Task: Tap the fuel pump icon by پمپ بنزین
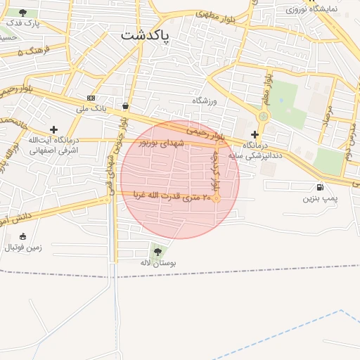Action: click(x=321, y=187)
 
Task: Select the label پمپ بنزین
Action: click(x=321, y=200)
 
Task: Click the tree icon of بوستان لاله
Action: click(x=156, y=250)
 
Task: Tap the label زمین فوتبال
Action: click(x=24, y=247)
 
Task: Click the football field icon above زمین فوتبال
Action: click(x=23, y=236)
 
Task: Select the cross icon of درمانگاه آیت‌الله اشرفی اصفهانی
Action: click(x=53, y=129)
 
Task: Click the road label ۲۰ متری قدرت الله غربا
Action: click(x=167, y=198)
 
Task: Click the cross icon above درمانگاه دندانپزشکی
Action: click(x=255, y=134)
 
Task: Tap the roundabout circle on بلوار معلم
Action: click(x=264, y=116)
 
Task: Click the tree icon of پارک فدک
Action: click(x=23, y=13)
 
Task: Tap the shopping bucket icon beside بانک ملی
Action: click(x=125, y=106)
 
